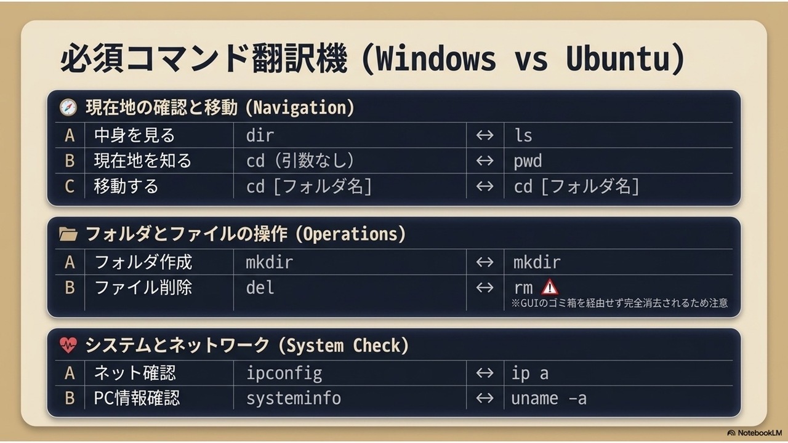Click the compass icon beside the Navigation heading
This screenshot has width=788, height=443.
pos(68,107)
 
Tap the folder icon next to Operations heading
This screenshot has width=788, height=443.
pos(68,234)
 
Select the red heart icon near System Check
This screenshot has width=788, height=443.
pos(68,345)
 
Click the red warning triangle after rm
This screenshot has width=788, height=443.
pos(549,287)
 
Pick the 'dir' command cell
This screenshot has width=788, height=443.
pos(260,135)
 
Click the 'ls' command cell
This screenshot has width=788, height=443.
pos(523,135)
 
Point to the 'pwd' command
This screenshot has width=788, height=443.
pos(528,161)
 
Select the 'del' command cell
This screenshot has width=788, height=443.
pos(260,288)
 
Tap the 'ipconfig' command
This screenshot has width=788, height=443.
pos(284,373)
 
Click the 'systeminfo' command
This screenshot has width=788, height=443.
pos(294,399)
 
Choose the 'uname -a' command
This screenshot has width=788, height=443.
pos(549,399)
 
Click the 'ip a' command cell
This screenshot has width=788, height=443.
pos(530,373)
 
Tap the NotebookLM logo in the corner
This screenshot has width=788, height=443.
pos(754,433)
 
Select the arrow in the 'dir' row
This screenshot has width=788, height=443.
pos(484,135)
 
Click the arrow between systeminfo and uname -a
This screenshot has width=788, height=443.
pos(484,398)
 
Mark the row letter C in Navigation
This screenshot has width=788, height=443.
pos(70,186)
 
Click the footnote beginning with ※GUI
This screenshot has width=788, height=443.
pos(619,303)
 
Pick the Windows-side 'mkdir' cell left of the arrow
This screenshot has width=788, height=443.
pos(269,263)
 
